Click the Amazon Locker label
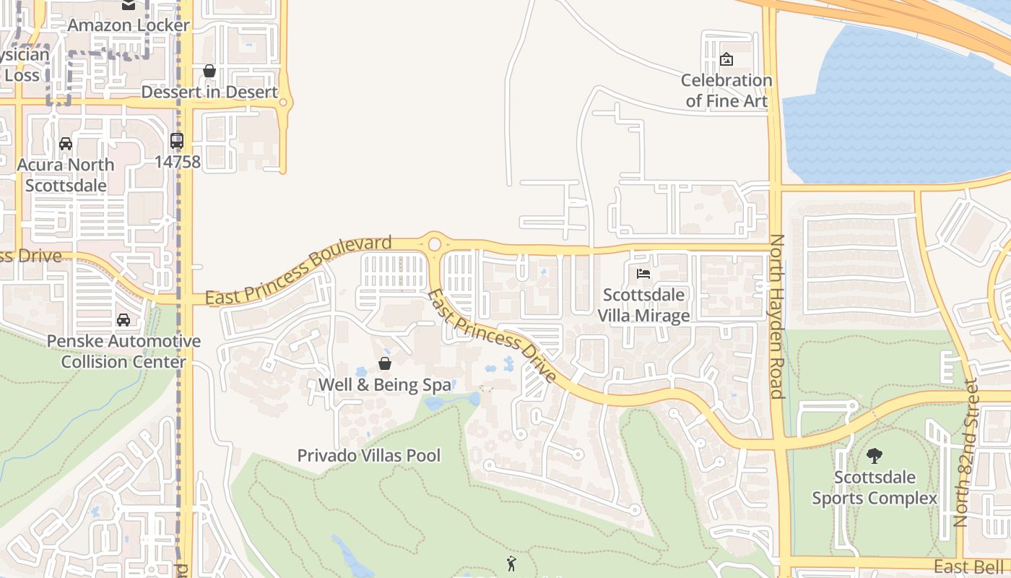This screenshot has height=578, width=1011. pos(129,25)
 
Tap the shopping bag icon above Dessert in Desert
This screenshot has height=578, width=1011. pos(209,71)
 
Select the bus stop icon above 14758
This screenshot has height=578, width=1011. pos(177,141)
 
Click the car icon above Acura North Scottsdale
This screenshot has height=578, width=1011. pos(66,144)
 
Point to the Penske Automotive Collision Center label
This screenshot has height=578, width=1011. pos(123,351)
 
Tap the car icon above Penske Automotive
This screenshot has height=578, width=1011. pos(123,319)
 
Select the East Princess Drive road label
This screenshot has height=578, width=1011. pos(492,336)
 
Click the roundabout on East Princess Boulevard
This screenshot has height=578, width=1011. pos(434,243)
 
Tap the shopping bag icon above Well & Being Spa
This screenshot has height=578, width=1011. pos(385,363)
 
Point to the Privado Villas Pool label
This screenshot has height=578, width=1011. pos(369,455)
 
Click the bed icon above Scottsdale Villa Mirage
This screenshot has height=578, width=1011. pos(643,274)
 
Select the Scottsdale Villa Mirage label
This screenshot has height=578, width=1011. pos(643,306)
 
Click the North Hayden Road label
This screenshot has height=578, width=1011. pos(777,316)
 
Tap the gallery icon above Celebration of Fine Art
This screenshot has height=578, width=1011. pos(726,59)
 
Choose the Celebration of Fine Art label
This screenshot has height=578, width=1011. pos(726,90)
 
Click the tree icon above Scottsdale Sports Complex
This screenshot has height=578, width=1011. pos(875,456)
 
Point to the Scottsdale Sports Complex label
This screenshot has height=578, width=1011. pos(875,488)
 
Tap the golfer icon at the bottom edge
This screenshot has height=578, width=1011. pos(512,564)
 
